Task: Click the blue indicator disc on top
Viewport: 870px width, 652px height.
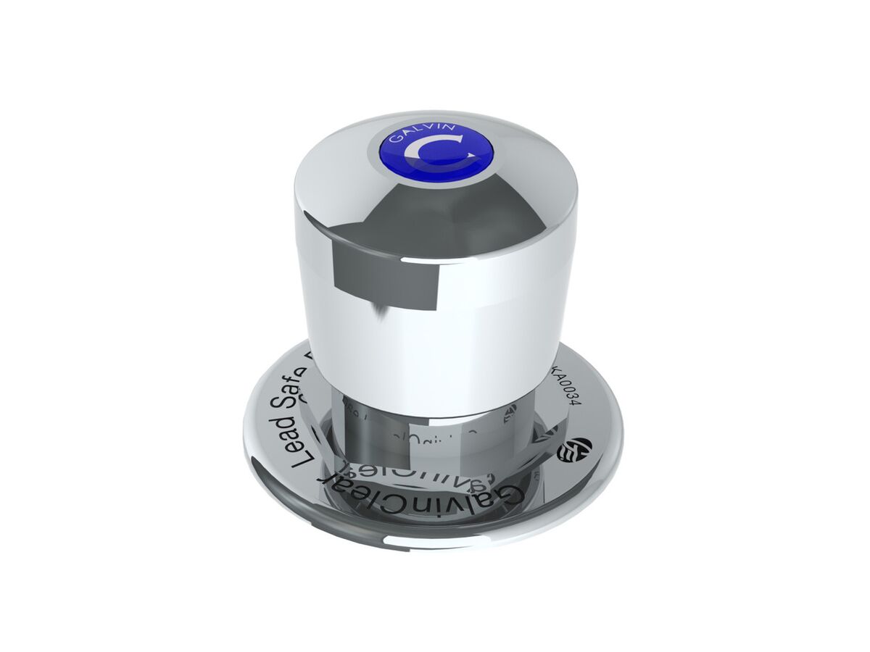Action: click(x=436, y=152)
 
